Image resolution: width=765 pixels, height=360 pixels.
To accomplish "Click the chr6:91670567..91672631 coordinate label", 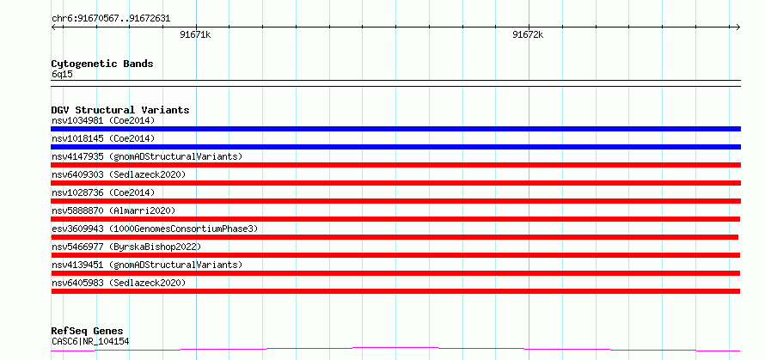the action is pos(111,19).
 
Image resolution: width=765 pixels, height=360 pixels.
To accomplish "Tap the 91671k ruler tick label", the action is pos(195,34).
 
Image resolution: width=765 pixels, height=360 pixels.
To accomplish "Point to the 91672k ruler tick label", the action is pos(528,34).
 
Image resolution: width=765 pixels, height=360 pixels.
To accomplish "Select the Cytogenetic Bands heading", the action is pos(102,64).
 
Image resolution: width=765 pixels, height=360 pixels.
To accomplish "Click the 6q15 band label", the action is pos(62,75).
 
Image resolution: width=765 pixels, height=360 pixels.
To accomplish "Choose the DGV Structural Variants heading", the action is pos(120,110).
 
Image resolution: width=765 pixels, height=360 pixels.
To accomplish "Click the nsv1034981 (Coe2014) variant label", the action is pos(103,120).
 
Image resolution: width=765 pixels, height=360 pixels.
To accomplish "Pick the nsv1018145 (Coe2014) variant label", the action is pos(103,138).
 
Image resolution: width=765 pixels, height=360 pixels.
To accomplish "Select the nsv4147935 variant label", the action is pos(147,156).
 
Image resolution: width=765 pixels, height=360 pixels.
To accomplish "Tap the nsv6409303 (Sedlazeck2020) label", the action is pos(119,174).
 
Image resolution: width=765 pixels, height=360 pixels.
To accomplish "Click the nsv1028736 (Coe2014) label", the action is pos(103,192).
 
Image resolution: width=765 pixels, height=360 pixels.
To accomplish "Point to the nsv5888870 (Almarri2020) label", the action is pos(113,211).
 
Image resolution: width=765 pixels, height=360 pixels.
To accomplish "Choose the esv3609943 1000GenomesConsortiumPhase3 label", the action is pos(155,229).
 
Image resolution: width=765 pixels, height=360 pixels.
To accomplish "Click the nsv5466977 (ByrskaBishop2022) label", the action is pos(126,247).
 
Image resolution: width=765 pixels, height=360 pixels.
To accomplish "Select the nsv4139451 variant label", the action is pos(147,265).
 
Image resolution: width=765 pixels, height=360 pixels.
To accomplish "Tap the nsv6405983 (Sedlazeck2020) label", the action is pos(119,283).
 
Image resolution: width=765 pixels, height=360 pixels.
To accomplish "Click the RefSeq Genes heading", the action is pos(88,332).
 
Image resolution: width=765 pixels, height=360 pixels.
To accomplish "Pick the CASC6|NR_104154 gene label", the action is pos(90,342).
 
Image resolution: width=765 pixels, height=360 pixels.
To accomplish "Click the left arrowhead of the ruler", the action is pos(53,27).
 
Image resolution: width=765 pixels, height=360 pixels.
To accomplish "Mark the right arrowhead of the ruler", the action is pos(738,27).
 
